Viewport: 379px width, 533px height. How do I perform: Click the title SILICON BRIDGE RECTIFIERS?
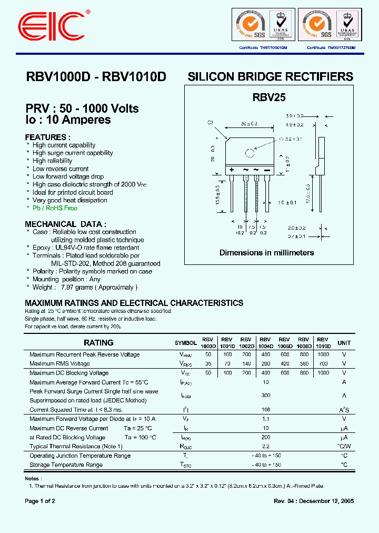270,77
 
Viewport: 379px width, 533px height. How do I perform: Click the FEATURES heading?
47,137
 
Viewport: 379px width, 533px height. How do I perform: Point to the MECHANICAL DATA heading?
65,224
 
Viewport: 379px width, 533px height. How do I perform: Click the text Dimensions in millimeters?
266,253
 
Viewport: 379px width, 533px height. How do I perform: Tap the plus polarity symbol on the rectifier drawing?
231,170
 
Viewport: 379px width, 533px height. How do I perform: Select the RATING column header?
98,342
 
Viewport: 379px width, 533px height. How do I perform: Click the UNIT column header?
344,343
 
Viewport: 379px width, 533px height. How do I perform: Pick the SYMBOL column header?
185,343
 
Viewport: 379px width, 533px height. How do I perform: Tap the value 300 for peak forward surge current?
266,394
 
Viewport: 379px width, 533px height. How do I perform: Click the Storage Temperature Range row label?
66,465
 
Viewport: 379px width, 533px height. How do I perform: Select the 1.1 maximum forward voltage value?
266,418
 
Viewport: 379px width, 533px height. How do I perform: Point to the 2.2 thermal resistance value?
266,446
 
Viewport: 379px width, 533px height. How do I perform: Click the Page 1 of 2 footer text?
40,501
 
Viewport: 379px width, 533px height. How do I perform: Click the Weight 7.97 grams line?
84,287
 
